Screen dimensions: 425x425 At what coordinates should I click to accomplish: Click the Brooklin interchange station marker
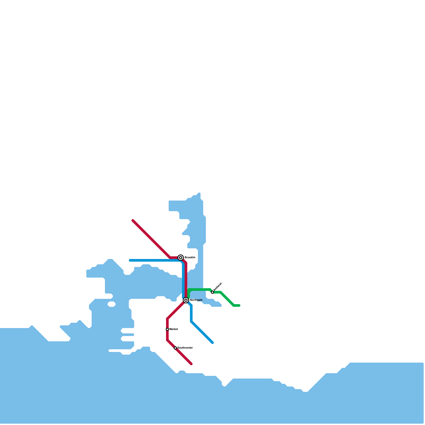click(181, 258)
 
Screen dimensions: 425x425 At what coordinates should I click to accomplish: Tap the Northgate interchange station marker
click(186, 300)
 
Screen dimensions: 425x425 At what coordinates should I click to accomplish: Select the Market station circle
click(167, 329)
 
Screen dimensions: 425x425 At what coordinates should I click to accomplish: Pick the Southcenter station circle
click(175, 348)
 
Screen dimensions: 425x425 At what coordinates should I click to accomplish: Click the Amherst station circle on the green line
click(212, 292)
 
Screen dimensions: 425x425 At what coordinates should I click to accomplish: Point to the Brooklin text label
click(190, 258)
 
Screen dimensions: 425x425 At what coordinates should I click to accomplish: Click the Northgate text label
click(196, 300)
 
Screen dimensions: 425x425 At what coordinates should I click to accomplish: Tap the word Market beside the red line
click(174, 329)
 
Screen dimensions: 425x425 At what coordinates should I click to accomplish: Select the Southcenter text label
click(185, 348)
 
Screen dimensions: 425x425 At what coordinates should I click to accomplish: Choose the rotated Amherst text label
click(218, 287)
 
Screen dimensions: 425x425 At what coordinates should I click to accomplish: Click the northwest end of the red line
click(133, 220)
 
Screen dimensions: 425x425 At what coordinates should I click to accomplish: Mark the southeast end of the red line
click(191, 364)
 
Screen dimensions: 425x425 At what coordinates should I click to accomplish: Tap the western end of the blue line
click(130, 260)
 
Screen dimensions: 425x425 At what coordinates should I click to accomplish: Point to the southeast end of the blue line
click(212, 343)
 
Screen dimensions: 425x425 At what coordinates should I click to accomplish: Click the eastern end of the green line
click(239, 305)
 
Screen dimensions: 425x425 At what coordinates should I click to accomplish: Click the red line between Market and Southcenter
click(170, 343)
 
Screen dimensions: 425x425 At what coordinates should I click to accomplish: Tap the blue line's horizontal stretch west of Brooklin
click(154, 260)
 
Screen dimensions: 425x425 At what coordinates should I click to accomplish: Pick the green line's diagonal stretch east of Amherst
click(227, 299)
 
